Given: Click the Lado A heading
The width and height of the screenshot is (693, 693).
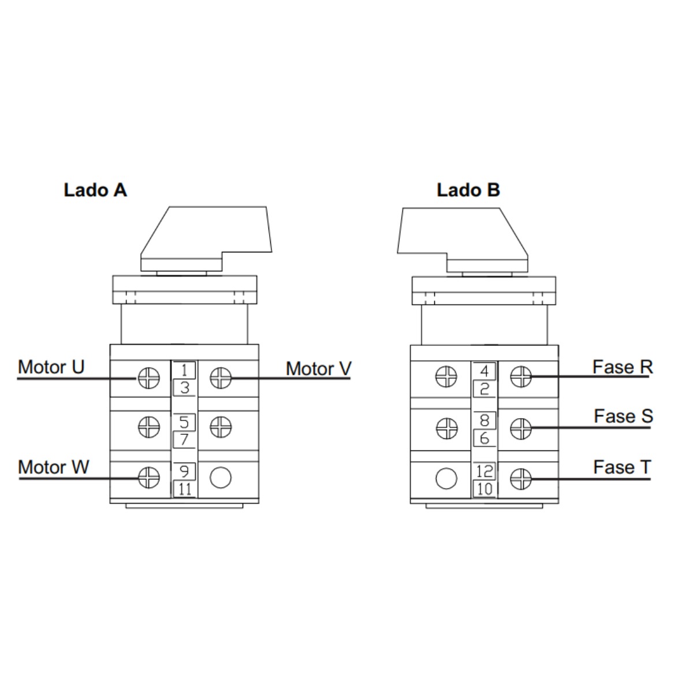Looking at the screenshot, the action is pyautogui.click(x=95, y=190).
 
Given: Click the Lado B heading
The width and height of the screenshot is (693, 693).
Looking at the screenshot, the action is pyautogui.click(x=468, y=190).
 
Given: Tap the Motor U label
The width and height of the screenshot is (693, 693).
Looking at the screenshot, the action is pyautogui.click(x=51, y=367).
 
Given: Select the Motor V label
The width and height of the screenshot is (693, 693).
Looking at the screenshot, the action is pyautogui.click(x=319, y=368).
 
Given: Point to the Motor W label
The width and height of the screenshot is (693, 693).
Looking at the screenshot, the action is pyautogui.click(x=54, y=467).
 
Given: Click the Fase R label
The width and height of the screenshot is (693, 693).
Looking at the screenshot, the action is pyautogui.click(x=623, y=367).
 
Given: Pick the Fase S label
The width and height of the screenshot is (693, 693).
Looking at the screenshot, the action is pyautogui.click(x=623, y=416).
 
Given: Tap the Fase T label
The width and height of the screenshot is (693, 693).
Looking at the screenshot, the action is pyautogui.click(x=622, y=467).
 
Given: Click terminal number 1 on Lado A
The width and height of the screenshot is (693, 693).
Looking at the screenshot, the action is pyautogui.click(x=184, y=370).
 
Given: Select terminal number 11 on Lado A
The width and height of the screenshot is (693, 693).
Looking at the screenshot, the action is pyautogui.click(x=185, y=489).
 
